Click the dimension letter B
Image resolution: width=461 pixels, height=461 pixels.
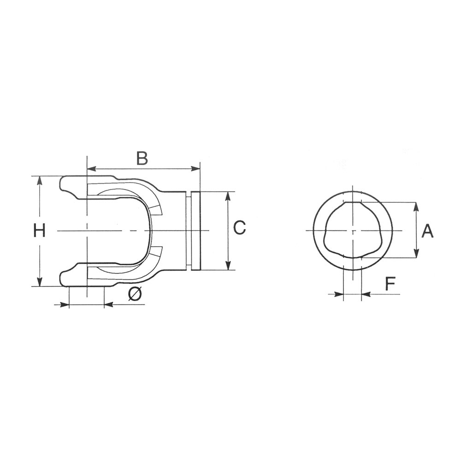pos(142,159)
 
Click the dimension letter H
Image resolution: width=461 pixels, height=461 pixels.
pos(39,230)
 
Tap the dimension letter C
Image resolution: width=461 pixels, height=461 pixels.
pos(240,228)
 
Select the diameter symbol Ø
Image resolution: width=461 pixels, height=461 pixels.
pos(135,294)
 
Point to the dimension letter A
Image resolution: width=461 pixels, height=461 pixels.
pos(427,231)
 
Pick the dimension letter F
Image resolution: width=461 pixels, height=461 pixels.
pos(390,284)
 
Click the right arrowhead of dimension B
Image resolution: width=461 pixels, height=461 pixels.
pos(195,169)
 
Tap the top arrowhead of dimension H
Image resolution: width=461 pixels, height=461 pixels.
pos(39,181)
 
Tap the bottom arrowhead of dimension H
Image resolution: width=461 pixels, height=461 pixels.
pos(39,281)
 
